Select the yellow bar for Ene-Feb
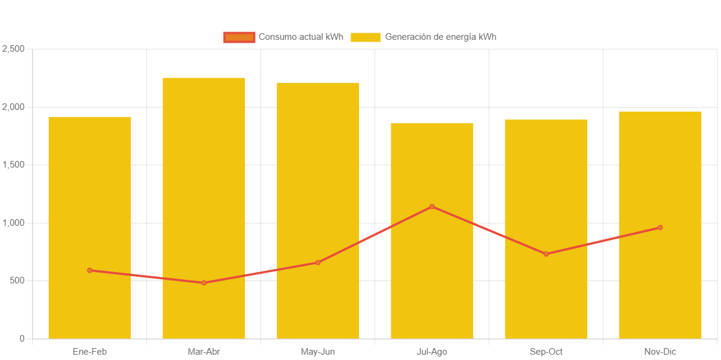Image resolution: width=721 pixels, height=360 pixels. pyautogui.click(x=90, y=178)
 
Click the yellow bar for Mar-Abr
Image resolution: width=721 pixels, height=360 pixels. pyautogui.click(x=204, y=166)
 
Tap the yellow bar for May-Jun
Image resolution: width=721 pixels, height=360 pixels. pyautogui.click(x=318, y=166)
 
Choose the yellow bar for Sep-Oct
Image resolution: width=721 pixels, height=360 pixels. pyautogui.click(x=546, y=178)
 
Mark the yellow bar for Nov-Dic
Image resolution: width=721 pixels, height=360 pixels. pyautogui.click(x=660, y=166)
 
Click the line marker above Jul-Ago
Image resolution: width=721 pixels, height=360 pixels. pyautogui.click(x=432, y=207)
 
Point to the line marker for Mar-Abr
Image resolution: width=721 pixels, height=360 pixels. pyautogui.click(x=204, y=283)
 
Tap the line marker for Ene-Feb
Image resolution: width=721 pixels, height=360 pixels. pyautogui.click(x=90, y=270)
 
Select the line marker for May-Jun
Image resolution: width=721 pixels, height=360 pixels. pyautogui.click(x=318, y=263)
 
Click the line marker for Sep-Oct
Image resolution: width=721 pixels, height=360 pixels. pyautogui.click(x=546, y=254)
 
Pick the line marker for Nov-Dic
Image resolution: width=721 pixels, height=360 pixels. pyautogui.click(x=660, y=228)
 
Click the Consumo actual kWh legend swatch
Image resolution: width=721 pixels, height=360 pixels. pyautogui.click(x=239, y=37)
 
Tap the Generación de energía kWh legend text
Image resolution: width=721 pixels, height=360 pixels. pyautogui.click(x=440, y=37)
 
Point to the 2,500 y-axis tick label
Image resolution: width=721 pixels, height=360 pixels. pyautogui.click(x=13, y=49)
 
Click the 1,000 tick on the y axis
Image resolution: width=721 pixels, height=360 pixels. pyautogui.click(x=13, y=223)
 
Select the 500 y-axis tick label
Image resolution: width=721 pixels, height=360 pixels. pyautogui.click(x=16, y=280)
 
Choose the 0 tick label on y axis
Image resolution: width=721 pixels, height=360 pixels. pyautogui.click(x=22, y=339)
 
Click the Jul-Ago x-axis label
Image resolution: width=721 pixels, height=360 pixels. pyautogui.click(x=432, y=352)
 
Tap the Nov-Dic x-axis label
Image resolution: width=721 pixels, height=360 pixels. pyautogui.click(x=660, y=352)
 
